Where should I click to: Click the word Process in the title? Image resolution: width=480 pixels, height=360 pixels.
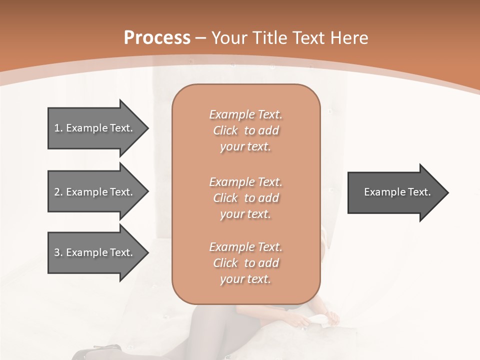coord(157,38)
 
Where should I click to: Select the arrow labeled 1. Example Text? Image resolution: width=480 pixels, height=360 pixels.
coord(95,128)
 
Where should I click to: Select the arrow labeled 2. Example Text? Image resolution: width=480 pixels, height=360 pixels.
coord(95,192)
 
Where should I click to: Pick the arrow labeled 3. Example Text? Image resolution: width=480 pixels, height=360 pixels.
coord(95,252)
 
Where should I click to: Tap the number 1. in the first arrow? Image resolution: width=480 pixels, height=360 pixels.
coord(58,128)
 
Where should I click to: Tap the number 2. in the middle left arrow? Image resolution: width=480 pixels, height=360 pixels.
coord(58,192)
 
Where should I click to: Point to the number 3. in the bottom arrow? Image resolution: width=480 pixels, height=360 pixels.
coord(58,252)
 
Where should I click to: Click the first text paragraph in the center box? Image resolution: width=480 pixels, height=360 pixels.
coord(245,130)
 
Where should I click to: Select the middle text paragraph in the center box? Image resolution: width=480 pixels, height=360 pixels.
coord(245,198)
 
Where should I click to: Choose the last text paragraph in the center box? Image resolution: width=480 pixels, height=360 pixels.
coord(245,263)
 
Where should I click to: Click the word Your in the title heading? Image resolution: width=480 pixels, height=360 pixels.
coord(230,38)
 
